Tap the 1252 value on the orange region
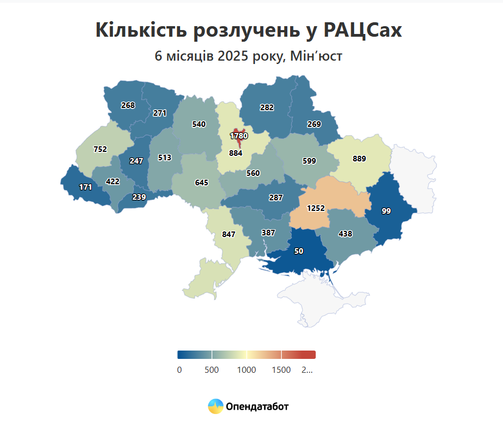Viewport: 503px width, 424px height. point(316,208)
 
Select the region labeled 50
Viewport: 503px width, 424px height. point(298,251)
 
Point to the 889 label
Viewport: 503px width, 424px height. point(360,159)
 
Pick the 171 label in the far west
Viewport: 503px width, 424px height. point(85,187)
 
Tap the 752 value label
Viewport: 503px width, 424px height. point(100,149)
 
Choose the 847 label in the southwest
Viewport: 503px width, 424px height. point(228,234)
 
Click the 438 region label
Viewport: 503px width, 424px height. point(345,234)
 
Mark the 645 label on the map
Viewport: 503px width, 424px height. point(202,182)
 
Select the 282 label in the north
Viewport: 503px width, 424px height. point(267,107)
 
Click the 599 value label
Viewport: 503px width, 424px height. point(309,161)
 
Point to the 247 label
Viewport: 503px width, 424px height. point(136,161)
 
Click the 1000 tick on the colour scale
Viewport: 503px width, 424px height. point(246,370)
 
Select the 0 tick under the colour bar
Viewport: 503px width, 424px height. point(179,370)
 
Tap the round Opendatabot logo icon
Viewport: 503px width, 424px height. point(216,406)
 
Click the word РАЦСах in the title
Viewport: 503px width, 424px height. point(363,31)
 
